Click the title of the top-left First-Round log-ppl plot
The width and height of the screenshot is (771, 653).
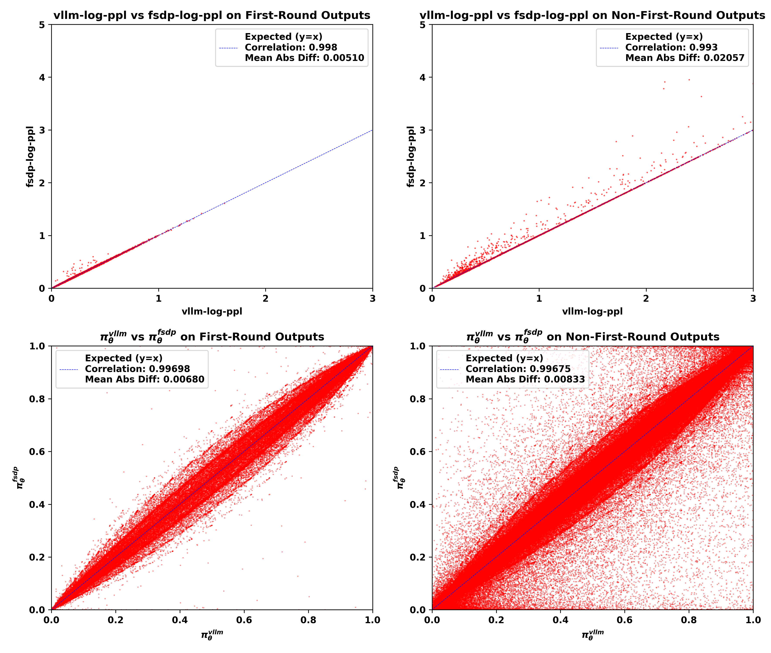pyautogui.click(x=212, y=15)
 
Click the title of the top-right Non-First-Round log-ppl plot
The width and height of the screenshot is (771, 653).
pyautogui.click(x=592, y=15)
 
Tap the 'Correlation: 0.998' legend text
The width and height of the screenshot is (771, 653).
pyautogui.click(x=291, y=47)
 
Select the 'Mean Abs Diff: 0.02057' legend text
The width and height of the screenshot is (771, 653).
pyautogui.click(x=685, y=58)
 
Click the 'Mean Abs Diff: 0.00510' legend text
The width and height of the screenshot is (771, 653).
pyautogui.click(x=304, y=58)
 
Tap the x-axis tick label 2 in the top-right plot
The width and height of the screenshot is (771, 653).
pyautogui.click(x=646, y=298)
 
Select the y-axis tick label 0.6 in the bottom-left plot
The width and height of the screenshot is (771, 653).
pyautogui.click(x=37, y=452)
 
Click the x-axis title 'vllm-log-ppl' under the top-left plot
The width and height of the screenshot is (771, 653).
pyautogui.click(x=212, y=311)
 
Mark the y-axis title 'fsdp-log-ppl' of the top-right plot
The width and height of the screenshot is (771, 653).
pyautogui.click(x=410, y=157)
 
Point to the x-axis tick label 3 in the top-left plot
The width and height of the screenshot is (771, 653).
pyautogui.click(x=372, y=298)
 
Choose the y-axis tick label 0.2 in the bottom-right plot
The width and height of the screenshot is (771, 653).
pyautogui.click(x=418, y=557)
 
